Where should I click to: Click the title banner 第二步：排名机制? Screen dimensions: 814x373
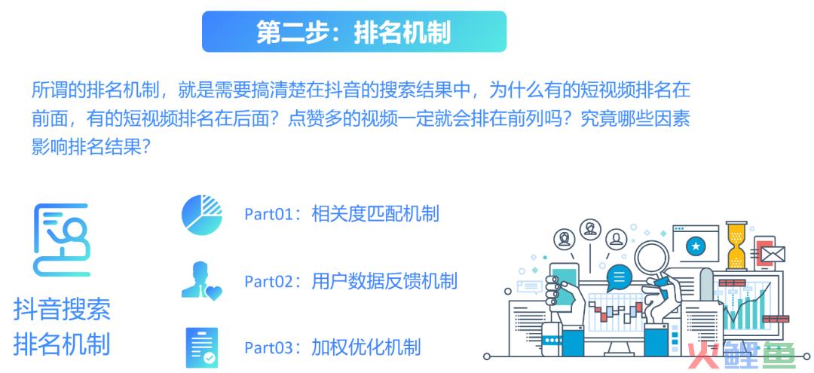(354, 32)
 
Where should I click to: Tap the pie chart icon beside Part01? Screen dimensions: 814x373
(202, 215)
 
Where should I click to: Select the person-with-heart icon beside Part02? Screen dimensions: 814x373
(202, 280)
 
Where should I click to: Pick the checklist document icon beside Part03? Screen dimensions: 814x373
(202, 347)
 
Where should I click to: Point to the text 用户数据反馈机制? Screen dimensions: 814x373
(384, 280)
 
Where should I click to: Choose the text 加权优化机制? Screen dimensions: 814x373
(366, 347)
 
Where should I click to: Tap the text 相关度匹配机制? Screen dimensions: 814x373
(375, 214)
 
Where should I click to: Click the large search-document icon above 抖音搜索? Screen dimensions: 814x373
(62, 240)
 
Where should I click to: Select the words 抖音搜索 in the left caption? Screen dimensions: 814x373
(63, 310)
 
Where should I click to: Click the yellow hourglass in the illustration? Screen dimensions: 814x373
(736, 246)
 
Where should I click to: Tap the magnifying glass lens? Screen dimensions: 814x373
(652, 258)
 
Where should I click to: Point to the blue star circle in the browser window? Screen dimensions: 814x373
(696, 246)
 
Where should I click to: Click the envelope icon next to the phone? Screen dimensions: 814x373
(773, 254)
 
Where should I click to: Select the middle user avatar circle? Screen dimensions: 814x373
(590, 229)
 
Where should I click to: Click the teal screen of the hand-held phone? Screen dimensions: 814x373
(565, 286)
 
